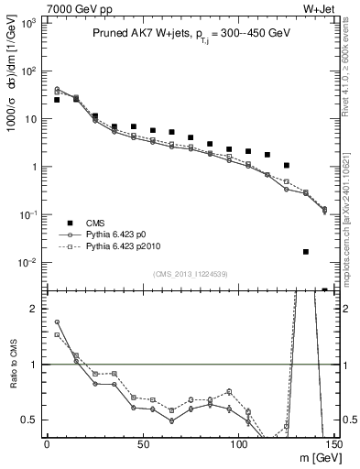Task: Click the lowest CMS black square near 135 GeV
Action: point(305,251)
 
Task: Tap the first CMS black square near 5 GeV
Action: point(57,100)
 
